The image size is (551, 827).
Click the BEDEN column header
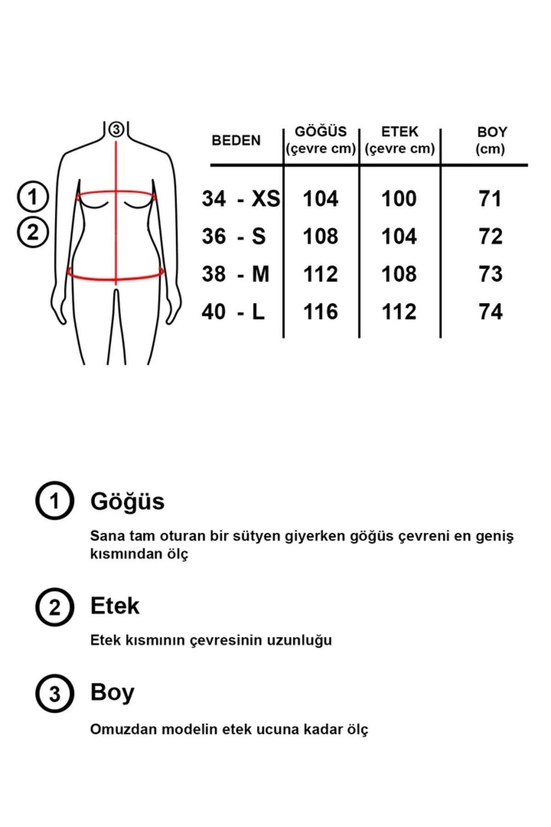[236, 140]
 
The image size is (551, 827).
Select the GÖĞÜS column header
[320, 132]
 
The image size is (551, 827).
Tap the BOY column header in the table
[491, 132]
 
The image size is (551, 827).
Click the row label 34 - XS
[241, 199]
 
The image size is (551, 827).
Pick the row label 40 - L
[233, 312]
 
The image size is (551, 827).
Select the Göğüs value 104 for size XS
[320, 199]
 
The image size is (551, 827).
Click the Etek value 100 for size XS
[399, 199]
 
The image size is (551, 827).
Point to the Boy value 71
[490, 199]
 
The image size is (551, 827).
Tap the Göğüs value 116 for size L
[320, 312]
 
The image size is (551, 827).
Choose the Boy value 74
[490, 312]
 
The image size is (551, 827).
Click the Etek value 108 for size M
[399, 274]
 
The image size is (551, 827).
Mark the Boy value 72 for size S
[490, 237]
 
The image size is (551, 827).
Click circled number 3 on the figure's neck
[116, 130]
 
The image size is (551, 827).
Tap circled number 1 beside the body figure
[33, 197]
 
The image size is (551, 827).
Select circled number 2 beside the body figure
[33, 232]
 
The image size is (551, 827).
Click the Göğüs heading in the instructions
[127, 501]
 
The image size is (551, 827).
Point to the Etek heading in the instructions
[115, 606]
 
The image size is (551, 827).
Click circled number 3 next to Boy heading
[55, 694]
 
